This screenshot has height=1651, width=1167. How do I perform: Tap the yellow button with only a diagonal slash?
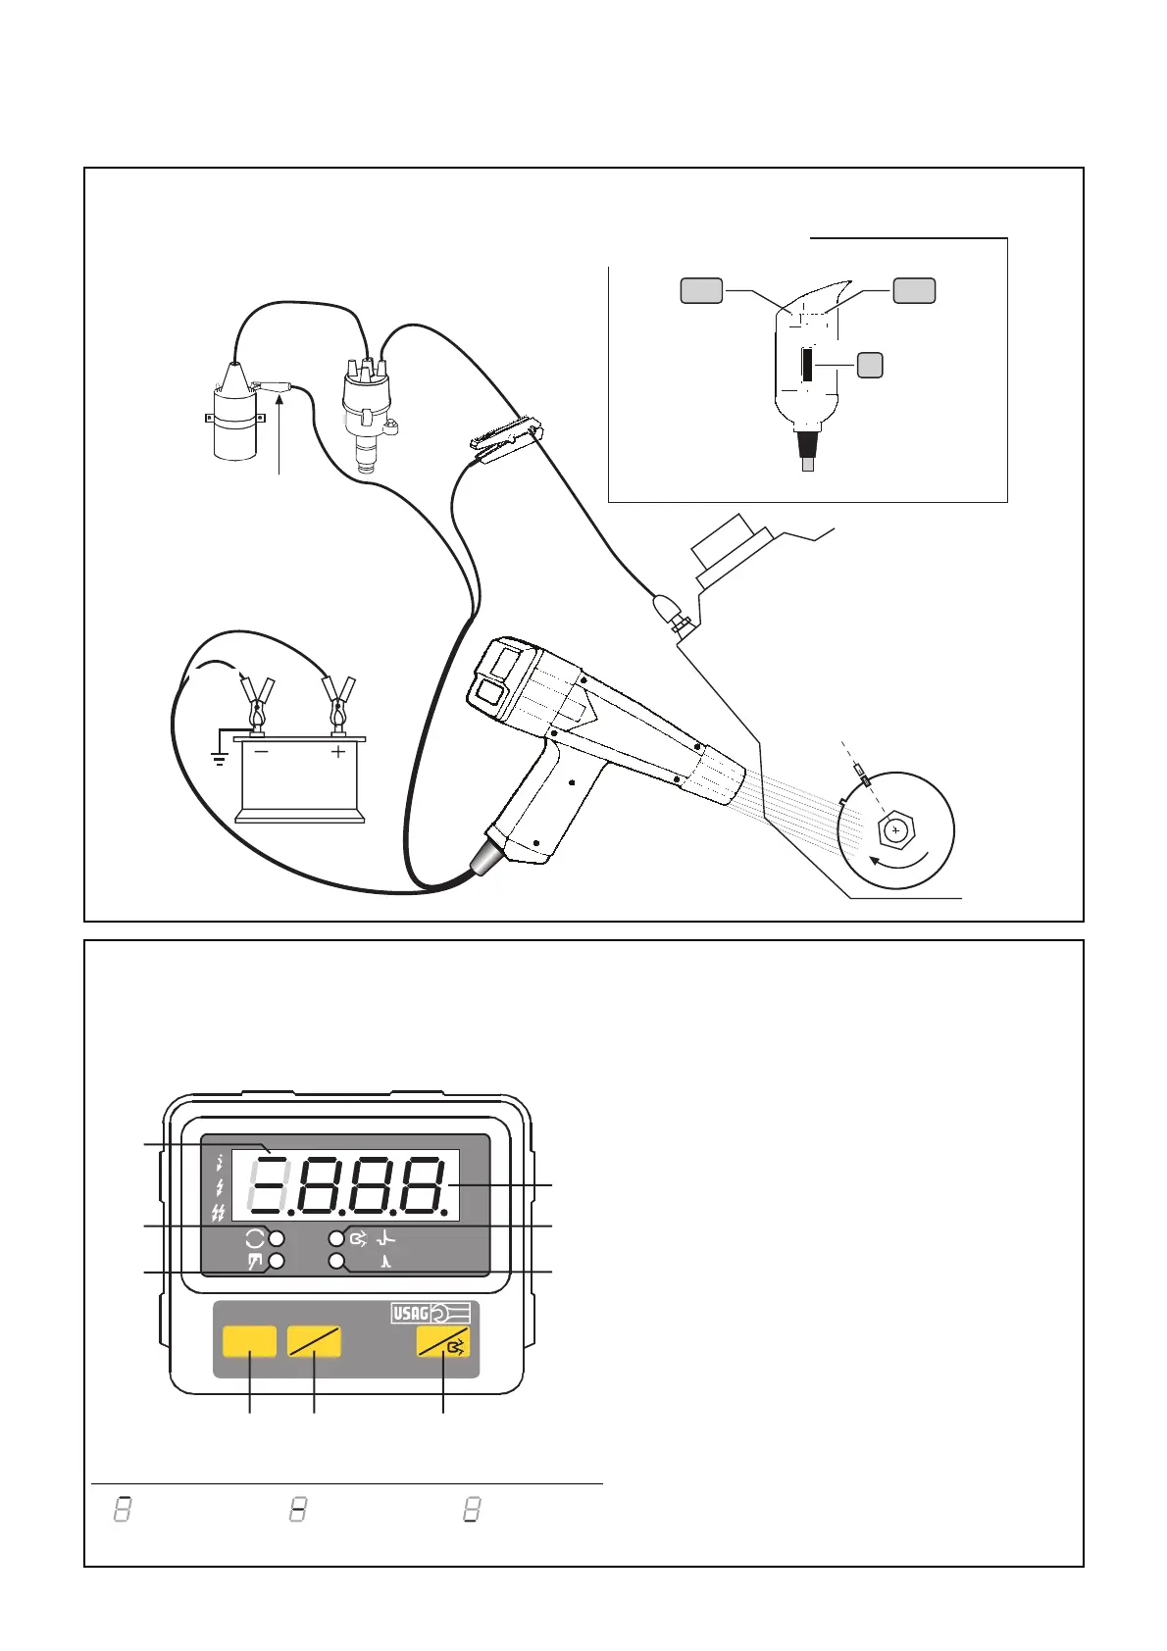click(314, 1341)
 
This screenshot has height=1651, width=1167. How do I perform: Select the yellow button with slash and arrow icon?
click(443, 1342)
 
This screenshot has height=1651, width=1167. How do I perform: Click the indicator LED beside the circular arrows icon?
click(278, 1238)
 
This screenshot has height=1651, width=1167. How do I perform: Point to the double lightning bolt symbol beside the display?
click(218, 1214)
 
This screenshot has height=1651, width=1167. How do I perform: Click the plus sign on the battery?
click(337, 752)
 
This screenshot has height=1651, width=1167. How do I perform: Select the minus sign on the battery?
click(261, 752)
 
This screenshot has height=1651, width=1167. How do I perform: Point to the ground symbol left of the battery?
click(219, 758)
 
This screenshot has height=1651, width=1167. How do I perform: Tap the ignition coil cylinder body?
click(235, 424)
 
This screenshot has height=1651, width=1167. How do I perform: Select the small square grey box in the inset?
click(869, 365)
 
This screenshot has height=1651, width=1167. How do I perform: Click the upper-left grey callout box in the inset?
click(701, 291)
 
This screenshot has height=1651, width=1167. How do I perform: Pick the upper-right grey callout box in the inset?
click(914, 290)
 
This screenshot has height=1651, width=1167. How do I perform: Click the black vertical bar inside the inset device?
click(807, 365)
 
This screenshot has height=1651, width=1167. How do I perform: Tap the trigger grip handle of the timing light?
click(530, 804)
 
